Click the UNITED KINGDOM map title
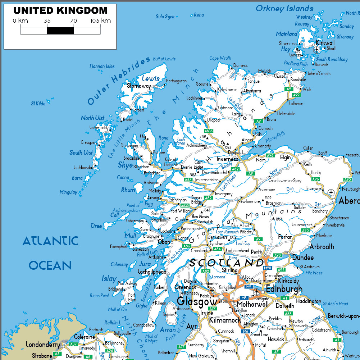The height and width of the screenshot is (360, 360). (60, 11)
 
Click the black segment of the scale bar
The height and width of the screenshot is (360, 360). (60, 31)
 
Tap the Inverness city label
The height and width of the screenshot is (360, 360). (227, 159)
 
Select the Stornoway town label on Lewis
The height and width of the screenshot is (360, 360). (139, 86)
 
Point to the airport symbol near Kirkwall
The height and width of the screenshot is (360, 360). (316, 50)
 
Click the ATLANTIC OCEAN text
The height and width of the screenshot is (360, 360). (50, 253)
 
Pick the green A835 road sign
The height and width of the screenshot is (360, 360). (209, 131)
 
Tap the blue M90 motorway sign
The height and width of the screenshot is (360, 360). (267, 268)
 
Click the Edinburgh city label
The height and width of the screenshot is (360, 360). (284, 289)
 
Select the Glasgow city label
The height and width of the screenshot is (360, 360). (197, 301)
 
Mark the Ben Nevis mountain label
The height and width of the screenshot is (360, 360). (200, 217)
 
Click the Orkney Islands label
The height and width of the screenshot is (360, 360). (284, 9)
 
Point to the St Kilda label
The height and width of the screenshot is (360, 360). (38, 104)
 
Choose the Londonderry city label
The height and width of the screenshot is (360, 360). (43, 345)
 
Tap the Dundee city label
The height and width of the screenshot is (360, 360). (303, 258)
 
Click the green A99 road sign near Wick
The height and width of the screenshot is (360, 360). (296, 95)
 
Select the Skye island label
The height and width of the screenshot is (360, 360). (125, 165)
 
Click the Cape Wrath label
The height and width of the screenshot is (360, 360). (220, 58)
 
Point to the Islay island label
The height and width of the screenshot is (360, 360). (109, 279)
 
